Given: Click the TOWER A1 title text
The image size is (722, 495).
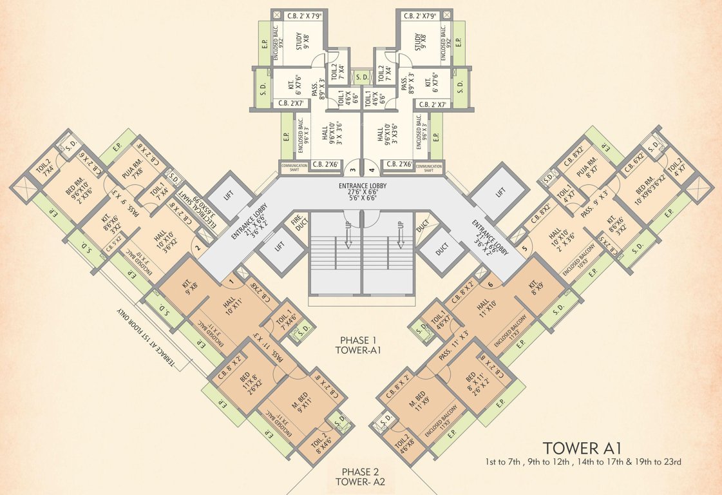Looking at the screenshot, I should pyautogui.click(x=582, y=448).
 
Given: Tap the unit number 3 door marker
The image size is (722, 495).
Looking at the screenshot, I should pyautogui.click(x=352, y=171).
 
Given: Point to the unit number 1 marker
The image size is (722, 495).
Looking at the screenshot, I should pyautogui.click(x=230, y=281).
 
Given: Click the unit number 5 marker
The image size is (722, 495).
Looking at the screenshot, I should pyautogui.click(x=525, y=248).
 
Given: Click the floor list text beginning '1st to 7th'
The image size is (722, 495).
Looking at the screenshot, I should pyautogui.click(x=584, y=462).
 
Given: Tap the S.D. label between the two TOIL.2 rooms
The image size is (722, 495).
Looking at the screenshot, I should pyautogui.click(x=361, y=77).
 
